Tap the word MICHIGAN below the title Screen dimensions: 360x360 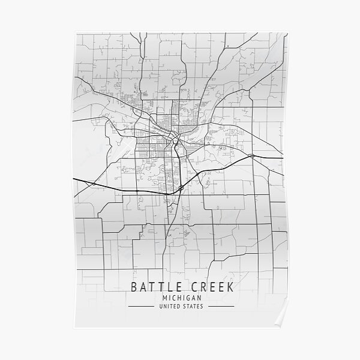[181, 297]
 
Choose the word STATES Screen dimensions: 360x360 [193, 307]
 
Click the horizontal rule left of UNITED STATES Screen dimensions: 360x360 [142, 307]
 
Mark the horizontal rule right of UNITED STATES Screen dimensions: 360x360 [220, 307]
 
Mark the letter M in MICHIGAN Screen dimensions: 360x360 [164, 297]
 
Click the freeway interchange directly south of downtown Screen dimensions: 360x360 [180, 188]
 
